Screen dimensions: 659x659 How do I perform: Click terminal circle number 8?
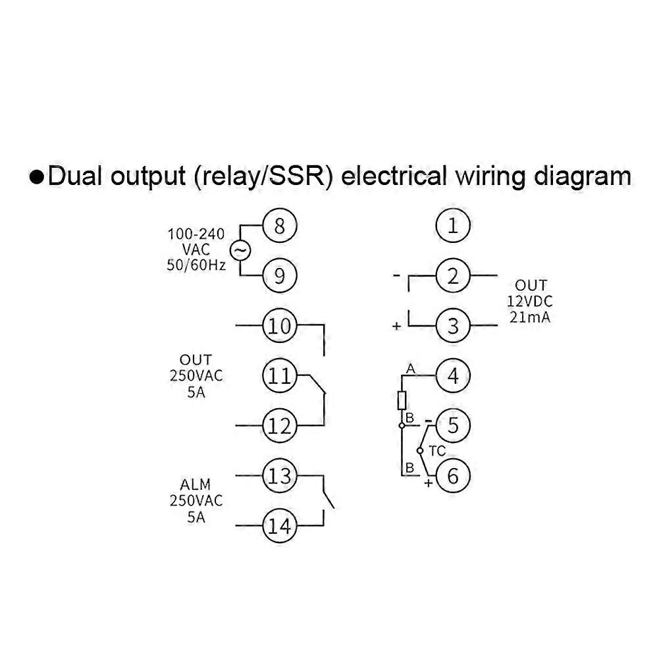coord(279,226)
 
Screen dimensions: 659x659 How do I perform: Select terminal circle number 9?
coord(279,276)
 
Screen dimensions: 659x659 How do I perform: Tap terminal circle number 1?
coord(453,226)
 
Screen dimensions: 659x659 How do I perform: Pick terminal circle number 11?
coord(279,376)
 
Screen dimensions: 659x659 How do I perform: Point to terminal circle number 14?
coord(279,525)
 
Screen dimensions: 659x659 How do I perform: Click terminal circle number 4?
coord(453,376)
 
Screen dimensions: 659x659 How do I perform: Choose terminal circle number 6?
coord(453,475)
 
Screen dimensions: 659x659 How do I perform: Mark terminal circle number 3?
coord(453,326)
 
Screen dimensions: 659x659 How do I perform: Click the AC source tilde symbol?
coord(239,251)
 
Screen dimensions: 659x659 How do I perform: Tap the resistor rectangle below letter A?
coord(402,400)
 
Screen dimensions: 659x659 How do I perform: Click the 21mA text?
coord(531,317)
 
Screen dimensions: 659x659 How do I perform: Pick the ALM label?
coord(196,485)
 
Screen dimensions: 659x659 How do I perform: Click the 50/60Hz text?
coord(196,265)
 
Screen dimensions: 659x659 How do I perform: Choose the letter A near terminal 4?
coord(410,370)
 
